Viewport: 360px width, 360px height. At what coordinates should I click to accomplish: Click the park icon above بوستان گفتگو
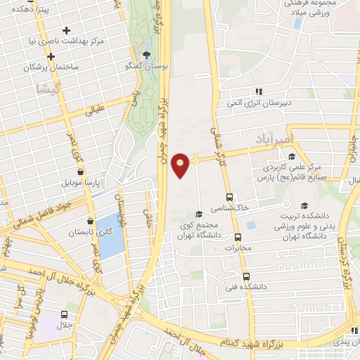tap(146, 55)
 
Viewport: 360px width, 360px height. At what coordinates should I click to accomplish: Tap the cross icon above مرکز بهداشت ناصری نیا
tap(67, 30)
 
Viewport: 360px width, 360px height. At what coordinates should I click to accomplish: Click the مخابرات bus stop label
tap(237, 248)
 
